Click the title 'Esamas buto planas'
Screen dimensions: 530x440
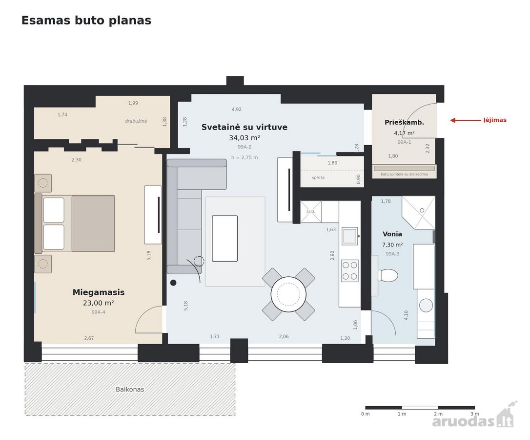coord(86,21)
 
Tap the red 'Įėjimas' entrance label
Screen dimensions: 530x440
coord(495,120)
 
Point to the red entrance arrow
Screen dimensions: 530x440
coord(466,120)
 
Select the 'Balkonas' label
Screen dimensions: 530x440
coord(130,390)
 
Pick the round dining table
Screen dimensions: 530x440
coord(288,294)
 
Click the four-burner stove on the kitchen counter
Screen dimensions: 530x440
coord(349,270)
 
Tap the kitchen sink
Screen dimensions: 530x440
coord(350,236)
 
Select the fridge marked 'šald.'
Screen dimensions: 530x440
coord(311,212)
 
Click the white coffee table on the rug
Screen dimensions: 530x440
coord(225,239)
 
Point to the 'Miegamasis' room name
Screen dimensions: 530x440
coord(99,292)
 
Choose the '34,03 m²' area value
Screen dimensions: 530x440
coord(245,138)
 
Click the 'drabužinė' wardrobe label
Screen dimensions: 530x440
coord(136,121)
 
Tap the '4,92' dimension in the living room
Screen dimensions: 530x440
coord(237,110)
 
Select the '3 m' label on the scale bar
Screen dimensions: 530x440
coord(474,414)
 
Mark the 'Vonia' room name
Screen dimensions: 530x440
coord(392,234)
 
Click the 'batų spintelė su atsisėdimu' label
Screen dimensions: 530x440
coord(404,174)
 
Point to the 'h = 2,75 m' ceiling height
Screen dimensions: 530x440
coord(245,157)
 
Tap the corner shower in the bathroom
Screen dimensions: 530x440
coord(418,212)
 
